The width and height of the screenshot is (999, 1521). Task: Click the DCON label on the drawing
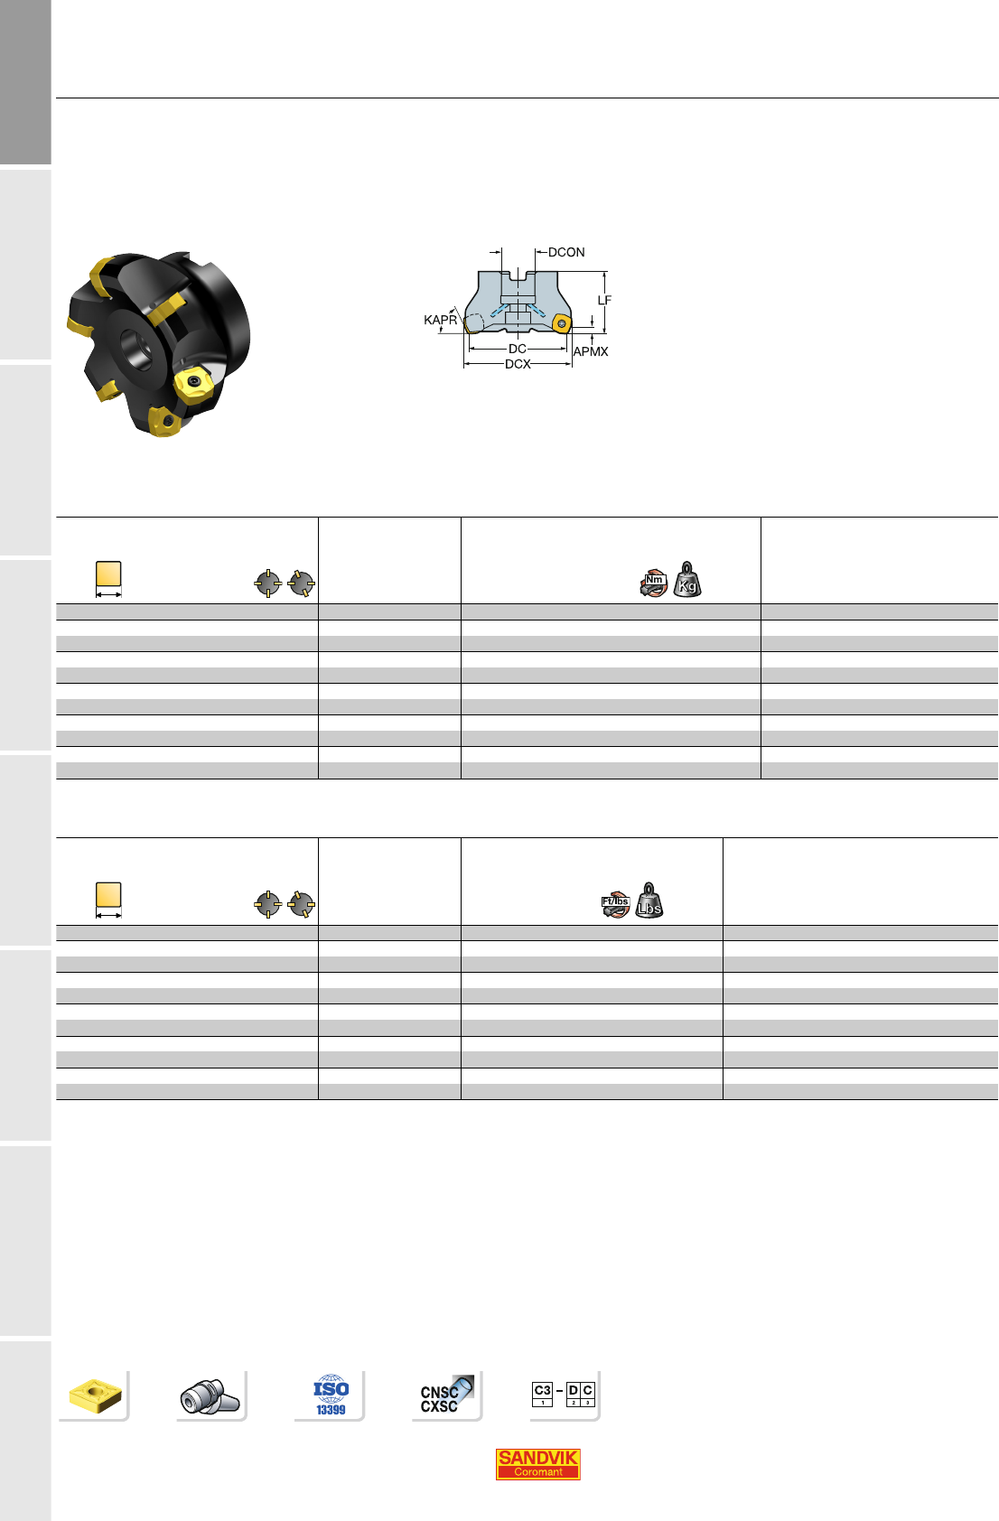point(565,252)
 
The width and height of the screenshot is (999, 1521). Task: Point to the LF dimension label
point(604,300)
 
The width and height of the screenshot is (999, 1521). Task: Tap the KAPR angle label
point(440,320)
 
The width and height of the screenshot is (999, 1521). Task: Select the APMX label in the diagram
point(590,351)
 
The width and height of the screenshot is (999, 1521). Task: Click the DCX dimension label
point(518,365)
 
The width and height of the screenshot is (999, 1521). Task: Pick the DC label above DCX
point(518,349)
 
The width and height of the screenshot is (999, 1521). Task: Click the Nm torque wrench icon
point(653,583)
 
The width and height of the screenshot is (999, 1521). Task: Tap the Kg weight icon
point(687,579)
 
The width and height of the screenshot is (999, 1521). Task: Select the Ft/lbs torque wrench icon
point(615,904)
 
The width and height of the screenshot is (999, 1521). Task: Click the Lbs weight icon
point(649,900)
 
